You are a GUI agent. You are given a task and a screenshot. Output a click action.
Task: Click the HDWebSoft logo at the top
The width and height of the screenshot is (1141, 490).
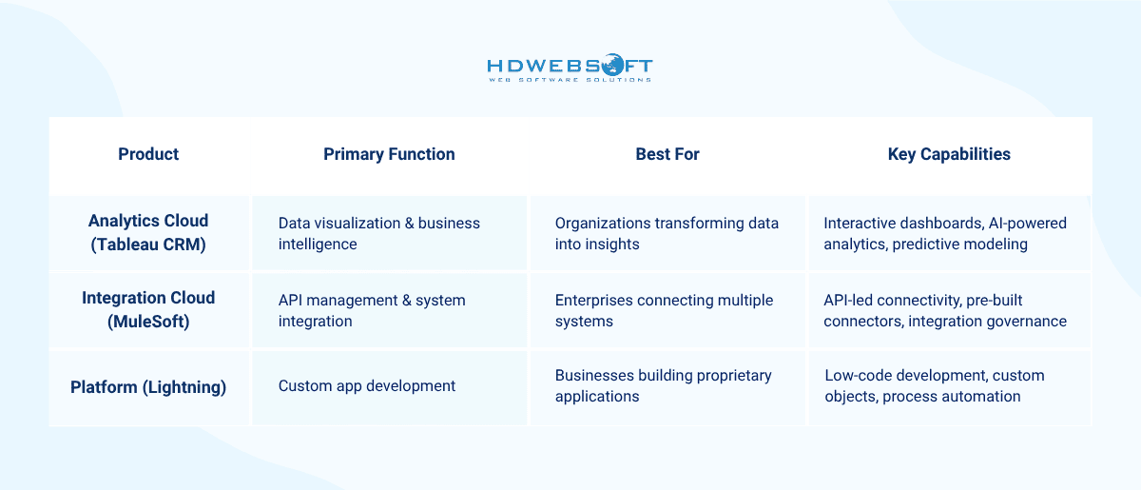[570, 69]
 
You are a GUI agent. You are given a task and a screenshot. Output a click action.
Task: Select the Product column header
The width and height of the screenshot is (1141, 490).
[148, 154]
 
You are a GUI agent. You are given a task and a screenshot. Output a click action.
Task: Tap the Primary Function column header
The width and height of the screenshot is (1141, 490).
[389, 154]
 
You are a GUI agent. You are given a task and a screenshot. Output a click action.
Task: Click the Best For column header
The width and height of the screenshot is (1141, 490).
[667, 154]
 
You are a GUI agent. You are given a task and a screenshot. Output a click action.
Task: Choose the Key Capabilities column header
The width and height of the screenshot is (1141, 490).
[949, 154]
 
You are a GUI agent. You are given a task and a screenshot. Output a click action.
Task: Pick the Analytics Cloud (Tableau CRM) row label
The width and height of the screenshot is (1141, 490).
[148, 232]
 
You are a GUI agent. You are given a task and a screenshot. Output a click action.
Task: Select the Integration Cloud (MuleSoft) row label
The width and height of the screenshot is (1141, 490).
[148, 309]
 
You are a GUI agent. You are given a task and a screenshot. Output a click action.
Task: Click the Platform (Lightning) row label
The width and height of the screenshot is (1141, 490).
[148, 387]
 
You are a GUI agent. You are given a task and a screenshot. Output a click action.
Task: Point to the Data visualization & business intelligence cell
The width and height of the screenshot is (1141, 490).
[379, 233]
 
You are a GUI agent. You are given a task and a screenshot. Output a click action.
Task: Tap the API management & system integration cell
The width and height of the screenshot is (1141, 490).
[372, 310]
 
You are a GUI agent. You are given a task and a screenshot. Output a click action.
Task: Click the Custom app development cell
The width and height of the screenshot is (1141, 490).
[367, 386]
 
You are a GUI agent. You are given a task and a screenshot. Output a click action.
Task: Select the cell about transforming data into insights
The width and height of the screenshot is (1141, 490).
[667, 233]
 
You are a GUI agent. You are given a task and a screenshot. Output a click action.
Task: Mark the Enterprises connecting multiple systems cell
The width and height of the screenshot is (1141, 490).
[664, 310]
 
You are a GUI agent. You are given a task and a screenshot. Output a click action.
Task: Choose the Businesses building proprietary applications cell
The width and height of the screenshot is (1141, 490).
[663, 386]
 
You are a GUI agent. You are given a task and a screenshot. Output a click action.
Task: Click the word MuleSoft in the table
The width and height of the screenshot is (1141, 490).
[148, 322]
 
